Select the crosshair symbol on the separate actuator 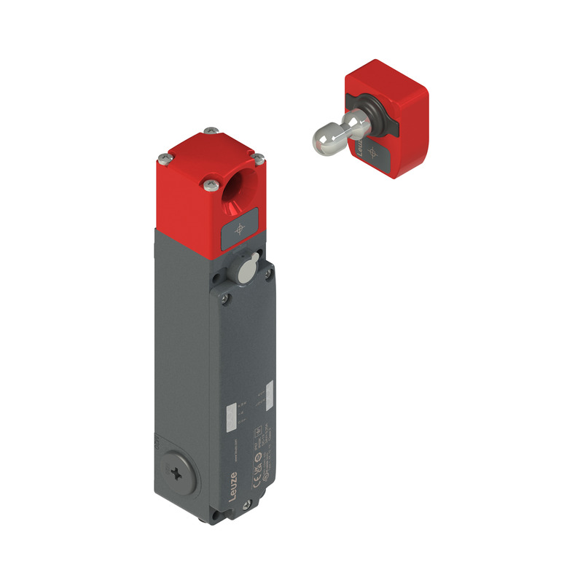click(373, 152)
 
